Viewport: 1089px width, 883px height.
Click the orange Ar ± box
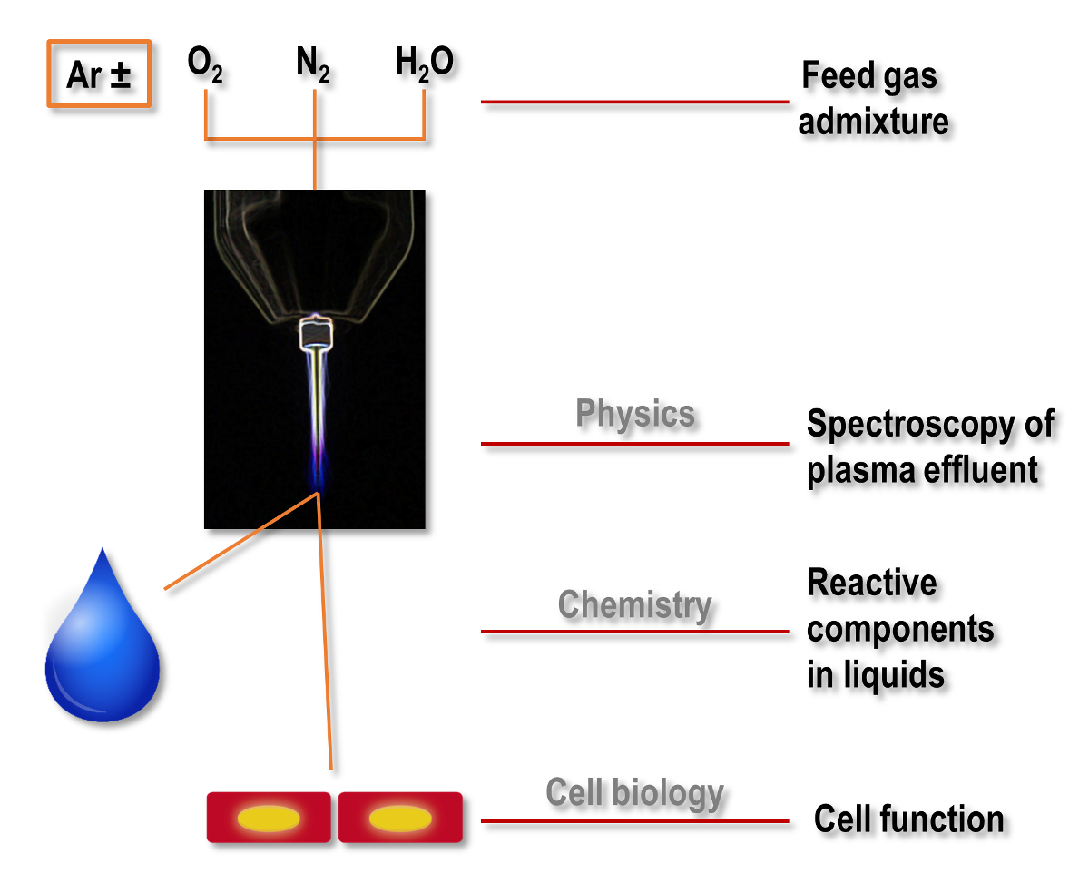[99, 74]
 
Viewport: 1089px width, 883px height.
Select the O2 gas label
[205, 65]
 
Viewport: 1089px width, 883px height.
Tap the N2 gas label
[313, 65]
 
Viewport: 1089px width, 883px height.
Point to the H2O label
[424, 65]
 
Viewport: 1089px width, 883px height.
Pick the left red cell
[269, 818]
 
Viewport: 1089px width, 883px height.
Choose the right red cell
[400, 818]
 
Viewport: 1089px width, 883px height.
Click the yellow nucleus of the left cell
[269, 819]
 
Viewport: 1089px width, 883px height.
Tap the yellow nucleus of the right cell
[399, 819]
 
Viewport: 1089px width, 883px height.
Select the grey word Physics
[635, 415]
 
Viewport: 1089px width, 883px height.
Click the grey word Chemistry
[634, 604]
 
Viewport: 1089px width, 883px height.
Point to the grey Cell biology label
[634, 792]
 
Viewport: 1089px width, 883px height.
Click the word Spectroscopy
[930, 425]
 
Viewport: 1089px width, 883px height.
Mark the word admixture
[873, 122]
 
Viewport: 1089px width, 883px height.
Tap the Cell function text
[908, 819]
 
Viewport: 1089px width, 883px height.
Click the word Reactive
[871, 583]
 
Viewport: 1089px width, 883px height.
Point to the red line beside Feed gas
[634, 102]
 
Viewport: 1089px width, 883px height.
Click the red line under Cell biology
[634, 821]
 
